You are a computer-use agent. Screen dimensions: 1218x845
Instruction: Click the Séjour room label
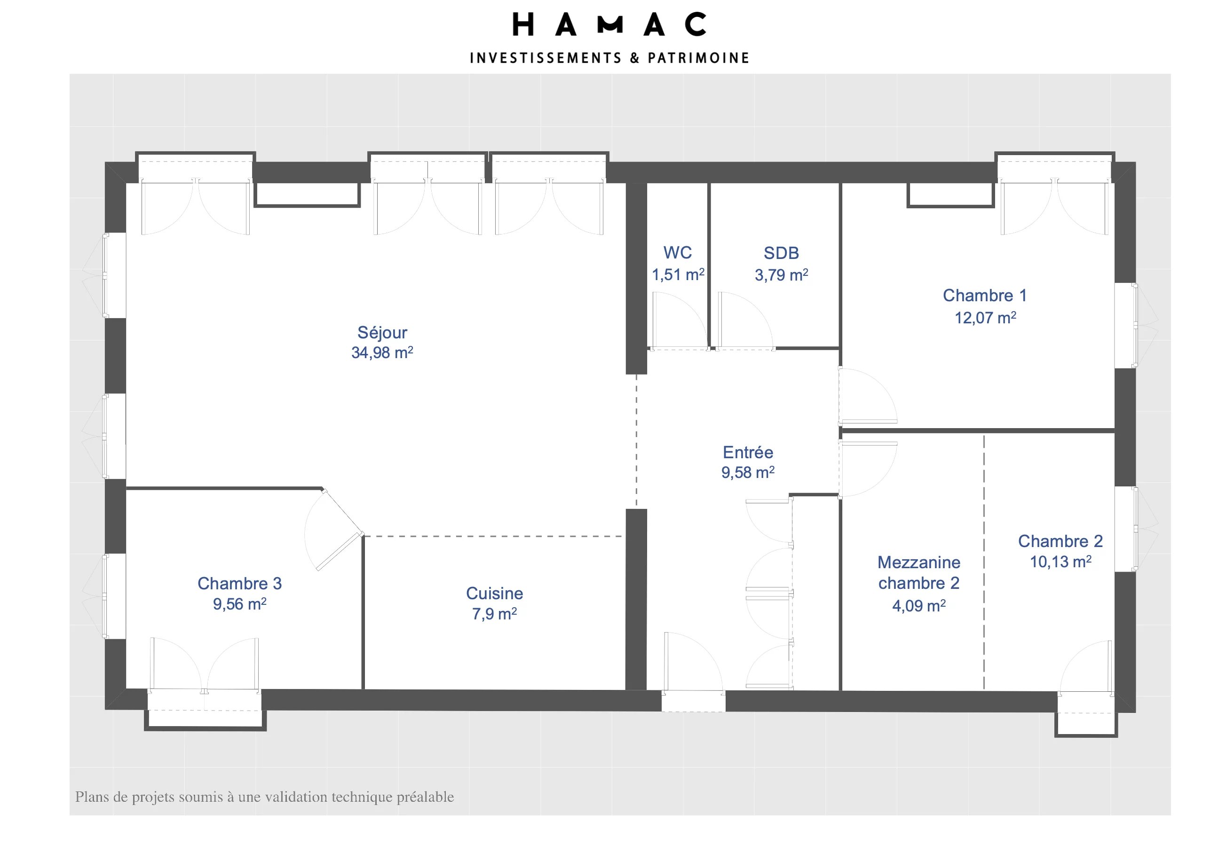[381, 332]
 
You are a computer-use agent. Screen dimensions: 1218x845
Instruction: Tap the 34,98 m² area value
[381, 352]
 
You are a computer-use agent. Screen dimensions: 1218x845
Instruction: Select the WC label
[677, 252]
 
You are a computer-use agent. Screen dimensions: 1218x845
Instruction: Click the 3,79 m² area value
[781, 275]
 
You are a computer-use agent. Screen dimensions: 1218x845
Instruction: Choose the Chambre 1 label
[984, 296]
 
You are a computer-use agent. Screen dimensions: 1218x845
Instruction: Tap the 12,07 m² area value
[984, 318]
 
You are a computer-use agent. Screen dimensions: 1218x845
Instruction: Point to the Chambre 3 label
[239, 583]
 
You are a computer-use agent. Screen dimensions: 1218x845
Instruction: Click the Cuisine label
[494, 594]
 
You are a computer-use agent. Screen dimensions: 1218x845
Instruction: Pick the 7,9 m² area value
[494, 614]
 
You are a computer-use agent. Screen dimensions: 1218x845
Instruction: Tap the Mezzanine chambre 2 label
[918, 572]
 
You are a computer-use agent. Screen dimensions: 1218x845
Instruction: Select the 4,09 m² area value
[918, 606]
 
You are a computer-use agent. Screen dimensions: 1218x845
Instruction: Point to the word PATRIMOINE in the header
[698, 58]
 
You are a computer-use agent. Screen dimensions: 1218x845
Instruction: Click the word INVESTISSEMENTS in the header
[545, 58]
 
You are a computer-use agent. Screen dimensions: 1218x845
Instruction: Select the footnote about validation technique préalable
[264, 797]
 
